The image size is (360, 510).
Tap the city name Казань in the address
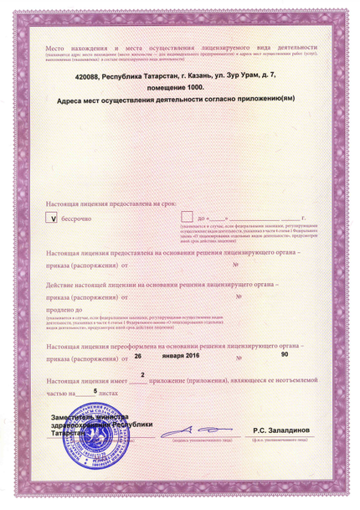pyautogui.click(x=201, y=76)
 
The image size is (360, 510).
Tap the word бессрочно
pyautogui.click(x=82, y=217)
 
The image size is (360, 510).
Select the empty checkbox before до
pyautogui.click(x=187, y=217)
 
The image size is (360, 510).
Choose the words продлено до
pyautogui.click(x=69, y=310)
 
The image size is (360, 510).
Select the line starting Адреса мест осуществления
pyautogui.click(x=178, y=100)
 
